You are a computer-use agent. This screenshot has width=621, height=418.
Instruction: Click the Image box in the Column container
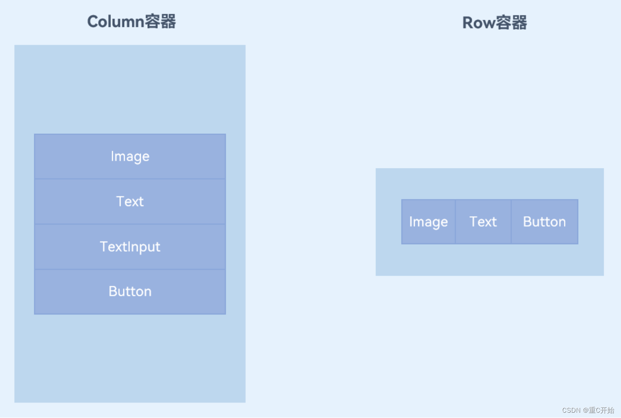coord(130,156)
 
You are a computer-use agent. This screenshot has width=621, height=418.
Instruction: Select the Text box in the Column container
coord(130,202)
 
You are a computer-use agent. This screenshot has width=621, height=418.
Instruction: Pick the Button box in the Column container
coord(130,291)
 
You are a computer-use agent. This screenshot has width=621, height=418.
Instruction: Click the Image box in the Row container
coord(428,222)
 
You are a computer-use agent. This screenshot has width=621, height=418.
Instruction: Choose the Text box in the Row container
coord(483,222)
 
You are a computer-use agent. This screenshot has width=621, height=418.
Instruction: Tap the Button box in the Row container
coord(544,222)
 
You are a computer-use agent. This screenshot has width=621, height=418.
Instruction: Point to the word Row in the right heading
coord(478,23)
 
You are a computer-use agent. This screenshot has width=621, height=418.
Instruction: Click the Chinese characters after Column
coord(160,21)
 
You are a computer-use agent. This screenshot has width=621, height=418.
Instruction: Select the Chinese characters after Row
coord(511,23)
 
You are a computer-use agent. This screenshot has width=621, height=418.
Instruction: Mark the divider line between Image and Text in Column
coord(130,179)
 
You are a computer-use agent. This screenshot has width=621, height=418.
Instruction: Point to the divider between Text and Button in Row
coord(511,222)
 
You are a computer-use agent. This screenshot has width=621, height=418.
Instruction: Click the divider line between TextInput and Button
coord(130,269)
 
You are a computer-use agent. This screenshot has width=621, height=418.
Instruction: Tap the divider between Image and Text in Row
coord(455,222)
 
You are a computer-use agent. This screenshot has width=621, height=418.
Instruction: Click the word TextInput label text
coord(130,246)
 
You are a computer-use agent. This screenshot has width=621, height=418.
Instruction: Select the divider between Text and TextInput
coord(130,224)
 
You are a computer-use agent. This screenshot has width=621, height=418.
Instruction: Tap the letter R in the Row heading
coord(468,23)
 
